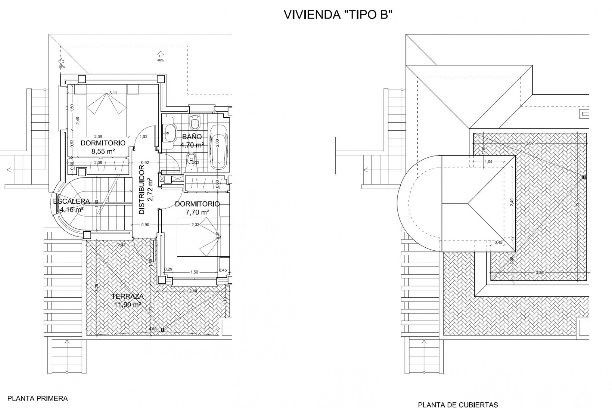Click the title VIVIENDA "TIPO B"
[337, 15]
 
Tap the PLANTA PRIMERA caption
[38, 398]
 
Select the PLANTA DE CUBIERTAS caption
[458, 405]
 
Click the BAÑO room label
[192, 137]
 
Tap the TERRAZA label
[127, 296]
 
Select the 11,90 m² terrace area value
[127, 305]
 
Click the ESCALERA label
[71, 201]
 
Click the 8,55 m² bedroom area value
[103, 151]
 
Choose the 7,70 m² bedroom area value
[197, 212]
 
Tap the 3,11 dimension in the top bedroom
[113, 93]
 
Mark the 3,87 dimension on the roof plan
[530, 143]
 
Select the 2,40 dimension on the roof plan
[512, 202]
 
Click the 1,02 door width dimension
[143, 137]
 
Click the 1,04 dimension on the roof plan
[488, 162]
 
